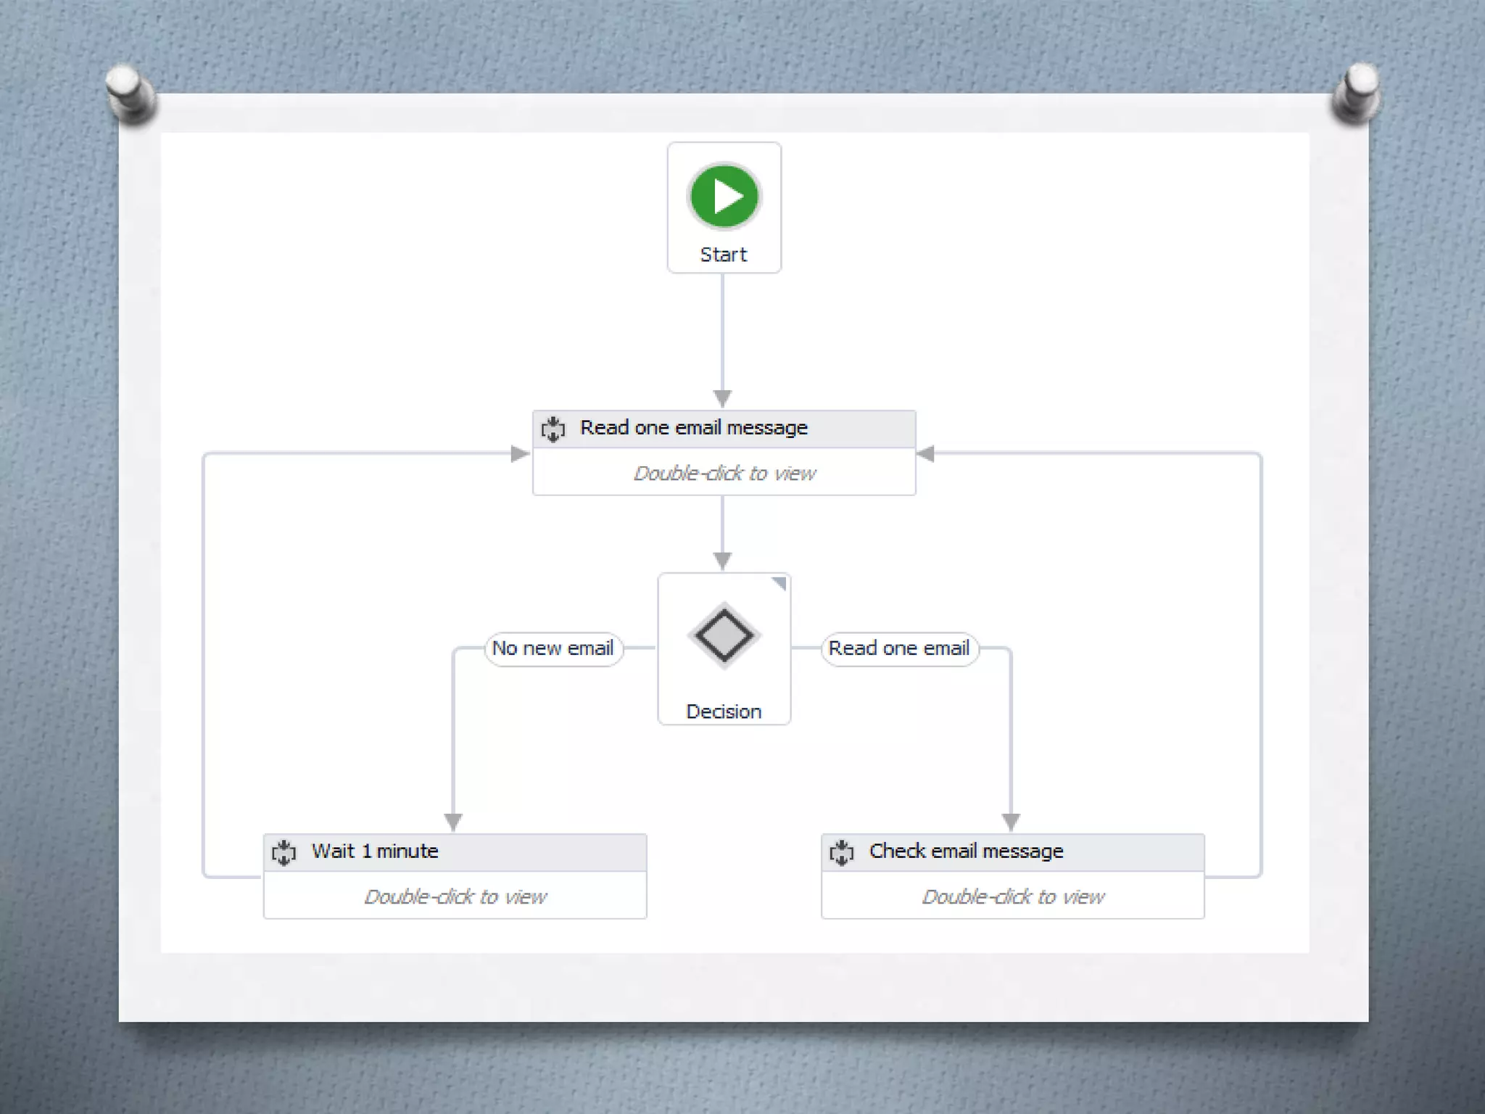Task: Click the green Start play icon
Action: click(x=724, y=196)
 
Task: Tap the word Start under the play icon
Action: click(x=723, y=255)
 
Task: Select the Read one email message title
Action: click(x=693, y=428)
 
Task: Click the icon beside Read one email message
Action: click(x=553, y=429)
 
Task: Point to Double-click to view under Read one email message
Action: click(x=724, y=474)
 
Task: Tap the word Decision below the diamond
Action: click(x=724, y=711)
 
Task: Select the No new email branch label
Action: click(x=553, y=648)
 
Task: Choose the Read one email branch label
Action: click(x=898, y=648)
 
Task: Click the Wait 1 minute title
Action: click(x=375, y=851)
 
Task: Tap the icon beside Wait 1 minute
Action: click(x=284, y=852)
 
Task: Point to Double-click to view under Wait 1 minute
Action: click(x=455, y=897)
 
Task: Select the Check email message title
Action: click(x=966, y=851)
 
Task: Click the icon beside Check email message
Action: click(x=842, y=852)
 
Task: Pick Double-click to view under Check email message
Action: click(x=1012, y=897)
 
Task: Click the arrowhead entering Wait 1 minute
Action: click(x=453, y=822)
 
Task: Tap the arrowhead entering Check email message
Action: click(x=1011, y=822)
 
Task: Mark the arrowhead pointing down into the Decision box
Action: click(x=722, y=561)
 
